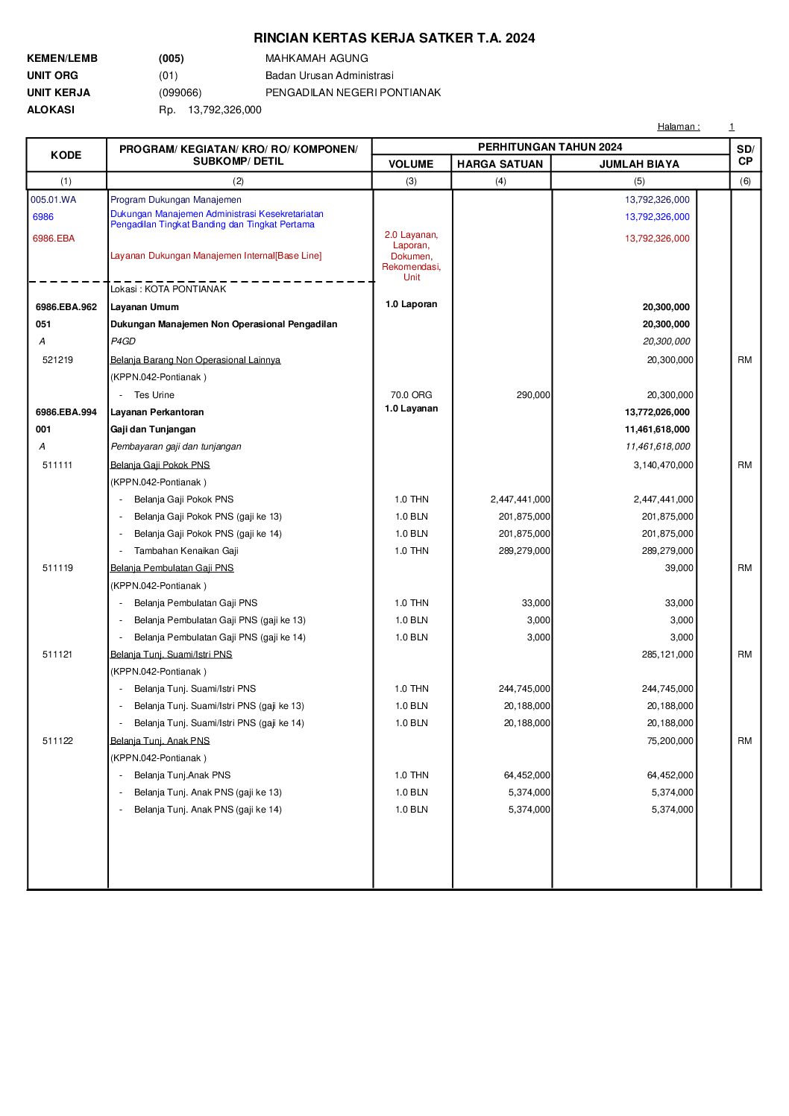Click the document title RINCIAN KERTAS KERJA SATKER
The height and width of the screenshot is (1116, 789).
[x=394, y=38]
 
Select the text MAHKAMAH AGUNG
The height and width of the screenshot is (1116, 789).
[x=316, y=58]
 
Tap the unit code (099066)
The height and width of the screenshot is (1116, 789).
[x=180, y=92]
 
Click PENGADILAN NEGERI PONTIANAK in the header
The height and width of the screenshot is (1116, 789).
[x=353, y=92]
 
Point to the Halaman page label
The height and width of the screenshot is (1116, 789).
[x=678, y=127]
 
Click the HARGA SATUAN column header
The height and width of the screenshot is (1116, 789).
[x=500, y=164]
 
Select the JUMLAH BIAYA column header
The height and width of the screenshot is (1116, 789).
[x=639, y=164]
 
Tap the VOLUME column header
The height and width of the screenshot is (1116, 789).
[x=411, y=164]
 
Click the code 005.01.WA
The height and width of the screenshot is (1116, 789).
[x=53, y=200]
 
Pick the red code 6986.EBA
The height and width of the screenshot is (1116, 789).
[x=54, y=239]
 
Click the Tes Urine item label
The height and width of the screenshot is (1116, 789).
[x=154, y=395]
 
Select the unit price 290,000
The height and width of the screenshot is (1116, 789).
[x=533, y=395]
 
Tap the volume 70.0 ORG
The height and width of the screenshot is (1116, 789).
[x=411, y=395]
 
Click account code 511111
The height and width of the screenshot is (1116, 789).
[x=57, y=465]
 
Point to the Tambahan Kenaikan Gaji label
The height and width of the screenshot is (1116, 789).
[x=186, y=551]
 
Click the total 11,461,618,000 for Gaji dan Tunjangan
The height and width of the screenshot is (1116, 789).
[x=657, y=429]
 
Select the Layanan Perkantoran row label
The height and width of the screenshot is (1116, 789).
[x=157, y=412]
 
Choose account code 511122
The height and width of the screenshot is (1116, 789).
[x=57, y=741]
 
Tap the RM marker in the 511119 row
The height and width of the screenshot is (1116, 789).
[x=744, y=568]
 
